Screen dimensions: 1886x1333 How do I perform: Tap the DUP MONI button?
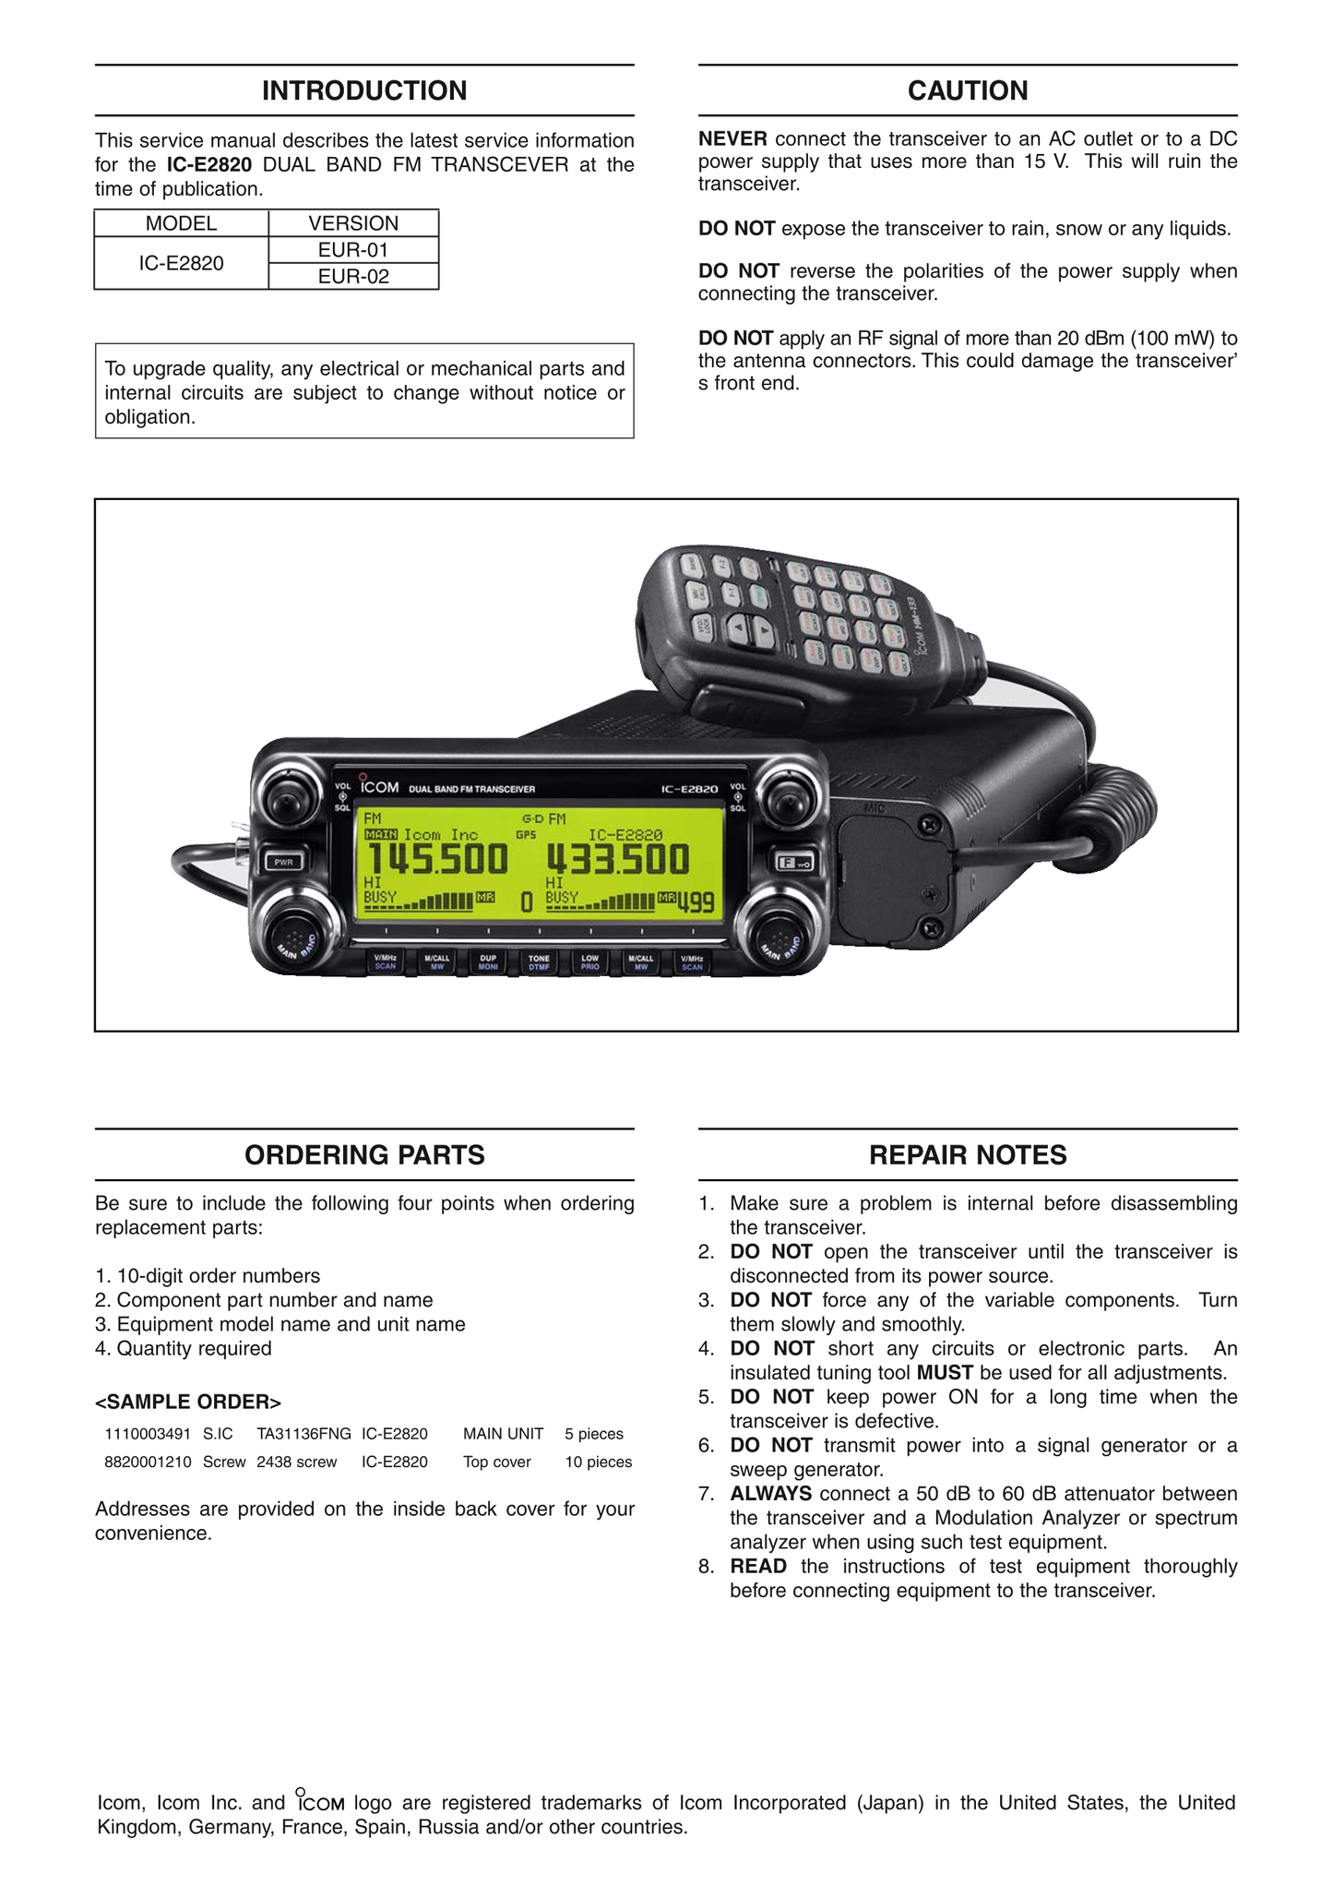(488, 962)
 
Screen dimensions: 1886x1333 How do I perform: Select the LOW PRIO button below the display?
(589, 962)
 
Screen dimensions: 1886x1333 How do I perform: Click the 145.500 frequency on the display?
(437, 860)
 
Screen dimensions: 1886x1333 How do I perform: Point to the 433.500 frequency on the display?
(617, 860)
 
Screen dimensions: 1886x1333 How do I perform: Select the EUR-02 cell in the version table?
(353, 276)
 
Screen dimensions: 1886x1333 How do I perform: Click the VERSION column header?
(353, 223)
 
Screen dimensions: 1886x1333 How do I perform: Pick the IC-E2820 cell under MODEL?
(181, 263)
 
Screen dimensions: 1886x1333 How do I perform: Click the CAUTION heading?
(967, 90)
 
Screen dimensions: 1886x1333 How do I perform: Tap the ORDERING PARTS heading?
(364, 1154)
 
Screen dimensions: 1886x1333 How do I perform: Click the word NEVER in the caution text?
(732, 139)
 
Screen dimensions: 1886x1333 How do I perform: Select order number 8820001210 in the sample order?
(148, 1462)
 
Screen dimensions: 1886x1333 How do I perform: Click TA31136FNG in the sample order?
(303, 1434)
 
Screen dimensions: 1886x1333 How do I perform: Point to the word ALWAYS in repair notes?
(770, 1493)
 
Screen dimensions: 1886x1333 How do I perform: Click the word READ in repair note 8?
(758, 1566)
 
